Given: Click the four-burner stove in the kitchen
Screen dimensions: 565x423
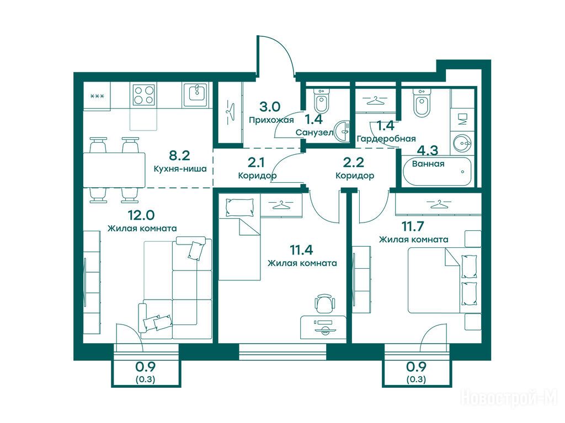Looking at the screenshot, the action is (144, 95).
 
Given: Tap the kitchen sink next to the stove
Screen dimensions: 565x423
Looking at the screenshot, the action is (196, 95).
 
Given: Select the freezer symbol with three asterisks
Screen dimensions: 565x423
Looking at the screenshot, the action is (97, 96).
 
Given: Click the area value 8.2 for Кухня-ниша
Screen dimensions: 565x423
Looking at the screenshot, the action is (179, 155).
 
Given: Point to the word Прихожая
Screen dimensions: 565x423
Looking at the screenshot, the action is (271, 120).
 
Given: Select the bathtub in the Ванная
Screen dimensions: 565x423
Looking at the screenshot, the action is (437, 171).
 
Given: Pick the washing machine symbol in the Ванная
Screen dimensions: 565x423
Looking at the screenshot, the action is (462, 119).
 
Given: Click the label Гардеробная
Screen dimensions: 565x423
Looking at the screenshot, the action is (386, 139).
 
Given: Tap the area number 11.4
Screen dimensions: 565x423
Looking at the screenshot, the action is (301, 250).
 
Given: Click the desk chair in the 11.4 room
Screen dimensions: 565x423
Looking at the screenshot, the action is (324, 304).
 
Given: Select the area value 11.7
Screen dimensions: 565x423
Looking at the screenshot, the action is (413, 226).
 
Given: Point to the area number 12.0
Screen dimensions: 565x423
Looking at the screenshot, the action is (141, 215).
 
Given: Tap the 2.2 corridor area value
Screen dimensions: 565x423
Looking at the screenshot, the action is (353, 162).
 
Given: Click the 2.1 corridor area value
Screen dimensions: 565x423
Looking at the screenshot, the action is (256, 162).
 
